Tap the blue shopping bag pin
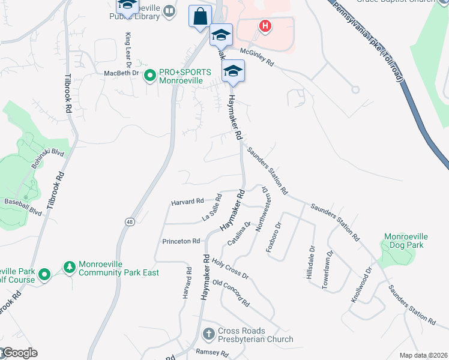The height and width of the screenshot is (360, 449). (199, 17)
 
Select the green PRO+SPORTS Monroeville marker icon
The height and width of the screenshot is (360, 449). (149, 76)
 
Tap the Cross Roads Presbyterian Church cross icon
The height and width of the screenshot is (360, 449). (209, 333)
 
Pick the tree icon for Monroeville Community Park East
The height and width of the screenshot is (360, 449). (70, 266)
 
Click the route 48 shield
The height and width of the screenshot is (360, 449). (130, 222)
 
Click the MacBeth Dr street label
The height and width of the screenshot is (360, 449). (122, 73)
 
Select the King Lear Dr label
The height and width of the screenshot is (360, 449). (128, 47)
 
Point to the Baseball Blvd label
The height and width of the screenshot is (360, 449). (23, 208)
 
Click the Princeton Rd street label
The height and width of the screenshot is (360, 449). (181, 241)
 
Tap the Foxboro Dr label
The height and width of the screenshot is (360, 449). (274, 238)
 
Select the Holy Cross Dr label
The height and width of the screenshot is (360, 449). (230, 268)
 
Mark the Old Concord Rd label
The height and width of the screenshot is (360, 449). (231, 293)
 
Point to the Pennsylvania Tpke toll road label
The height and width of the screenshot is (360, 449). (369, 40)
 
